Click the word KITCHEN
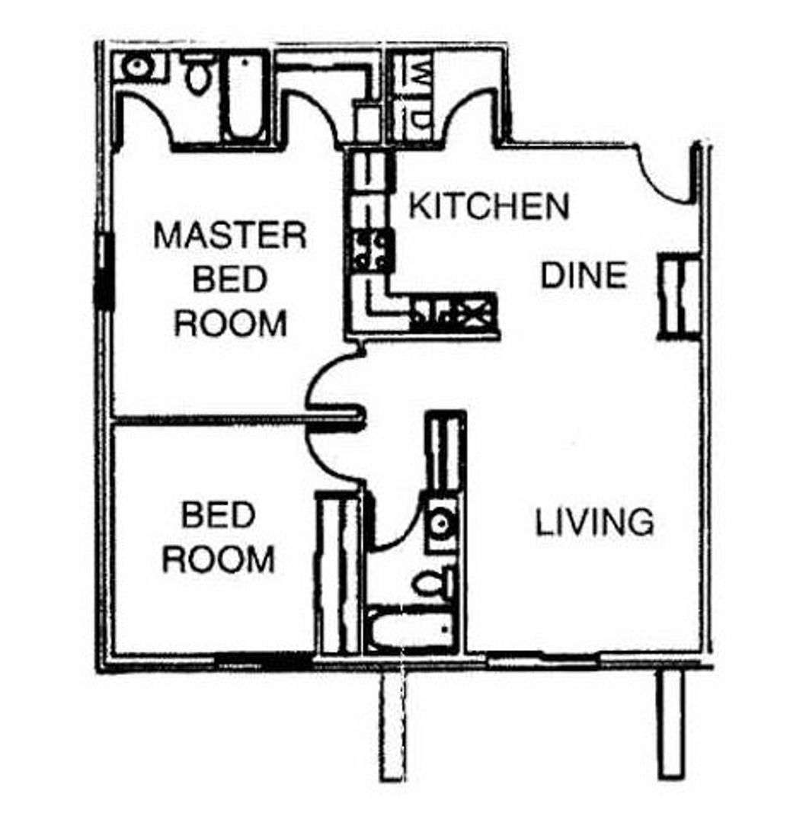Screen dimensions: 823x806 click(489, 206)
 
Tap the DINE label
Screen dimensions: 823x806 click(584, 275)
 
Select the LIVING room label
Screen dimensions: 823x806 click(594, 523)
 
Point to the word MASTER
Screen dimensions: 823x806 click(230, 235)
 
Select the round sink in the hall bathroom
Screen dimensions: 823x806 click(440, 523)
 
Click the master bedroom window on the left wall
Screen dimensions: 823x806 click(104, 271)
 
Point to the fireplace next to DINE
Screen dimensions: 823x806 click(679, 296)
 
